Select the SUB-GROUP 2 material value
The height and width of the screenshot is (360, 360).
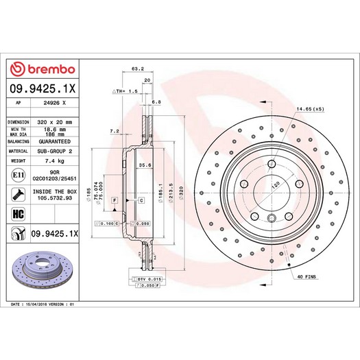click(x=56, y=149)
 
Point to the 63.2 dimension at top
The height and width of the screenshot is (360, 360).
click(x=136, y=69)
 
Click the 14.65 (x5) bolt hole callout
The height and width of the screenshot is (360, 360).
click(x=310, y=109)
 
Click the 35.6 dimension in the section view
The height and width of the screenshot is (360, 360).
click(x=145, y=165)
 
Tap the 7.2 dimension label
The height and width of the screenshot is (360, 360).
click(x=115, y=130)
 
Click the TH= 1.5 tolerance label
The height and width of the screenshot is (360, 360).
click(x=126, y=91)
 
